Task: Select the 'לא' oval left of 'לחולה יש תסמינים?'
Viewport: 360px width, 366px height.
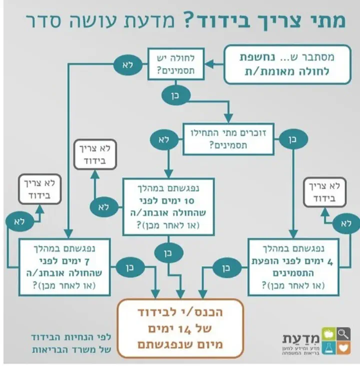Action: (127, 65)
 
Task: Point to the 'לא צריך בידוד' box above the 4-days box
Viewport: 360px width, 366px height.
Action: (330, 193)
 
